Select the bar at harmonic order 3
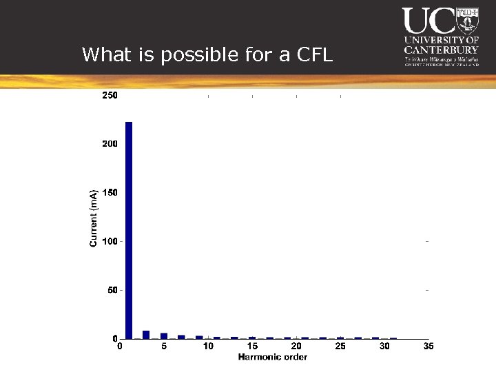(x=146, y=335)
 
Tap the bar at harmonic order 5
(x=164, y=335)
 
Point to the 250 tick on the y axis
(x=110, y=96)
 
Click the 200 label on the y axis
(x=110, y=144)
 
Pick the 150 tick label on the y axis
(x=110, y=193)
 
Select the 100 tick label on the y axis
(x=110, y=242)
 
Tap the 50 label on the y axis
(x=112, y=291)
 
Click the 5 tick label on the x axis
(x=164, y=347)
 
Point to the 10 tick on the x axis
(x=208, y=347)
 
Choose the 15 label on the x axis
(x=252, y=347)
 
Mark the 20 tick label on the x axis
(x=296, y=347)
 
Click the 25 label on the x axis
(x=340, y=347)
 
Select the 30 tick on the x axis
(x=384, y=347)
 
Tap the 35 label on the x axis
(x=428, y=347)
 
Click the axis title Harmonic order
(x=273, y=357)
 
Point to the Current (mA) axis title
(x=94, y=218)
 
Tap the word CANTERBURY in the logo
(x=441, y=50)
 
